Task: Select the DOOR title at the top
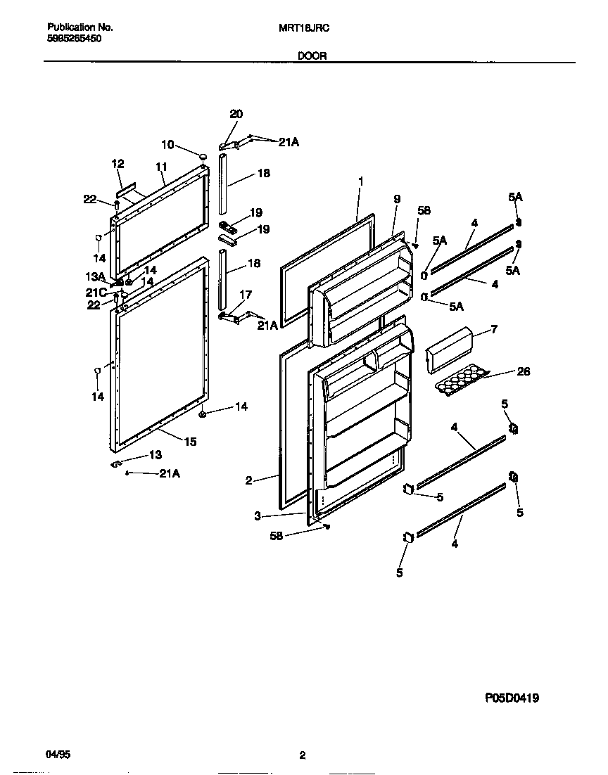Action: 312,56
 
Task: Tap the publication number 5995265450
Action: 75,39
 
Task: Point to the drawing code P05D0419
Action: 512,698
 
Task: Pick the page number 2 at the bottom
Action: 302,756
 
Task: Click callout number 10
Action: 167,144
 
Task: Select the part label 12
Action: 117,164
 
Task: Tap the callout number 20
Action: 236,114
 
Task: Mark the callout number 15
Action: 190,442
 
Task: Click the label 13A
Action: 95,276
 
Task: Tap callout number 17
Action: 246,295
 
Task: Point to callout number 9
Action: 397,200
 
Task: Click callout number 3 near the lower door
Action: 258,515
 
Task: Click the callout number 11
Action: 161,167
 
